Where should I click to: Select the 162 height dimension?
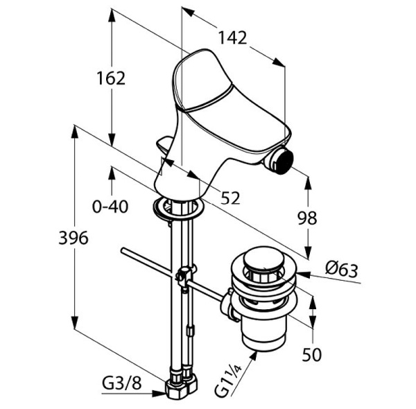click(111, 78)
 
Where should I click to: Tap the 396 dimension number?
click(74, 238)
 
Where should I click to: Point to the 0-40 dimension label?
click(111, 205)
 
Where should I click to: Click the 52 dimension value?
click(230, 198)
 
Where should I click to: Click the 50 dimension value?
click(313, 354)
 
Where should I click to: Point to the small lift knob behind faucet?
click(165, 146)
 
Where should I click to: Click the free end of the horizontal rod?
click(123, 251)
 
